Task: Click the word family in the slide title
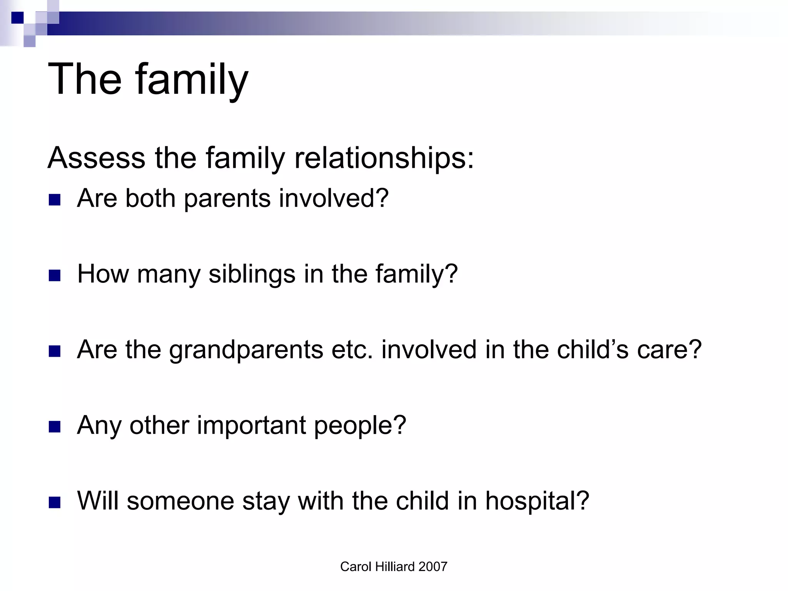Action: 191,80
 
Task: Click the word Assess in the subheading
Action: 96,158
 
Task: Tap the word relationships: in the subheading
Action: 384,158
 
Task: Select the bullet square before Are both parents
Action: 55,200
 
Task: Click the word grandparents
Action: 246,350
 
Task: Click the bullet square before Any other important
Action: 55,427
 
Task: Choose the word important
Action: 252,426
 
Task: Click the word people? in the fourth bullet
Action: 360,426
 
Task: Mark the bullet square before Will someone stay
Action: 55,503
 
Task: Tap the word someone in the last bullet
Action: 180,501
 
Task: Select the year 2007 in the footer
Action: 433,567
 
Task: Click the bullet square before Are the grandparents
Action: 55,351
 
